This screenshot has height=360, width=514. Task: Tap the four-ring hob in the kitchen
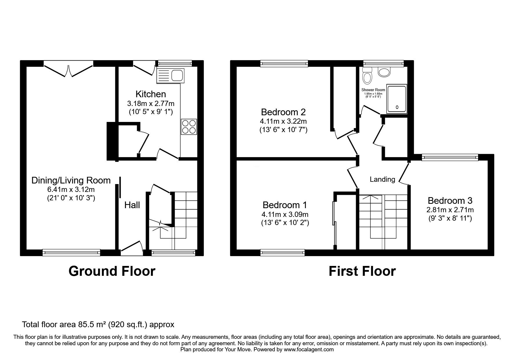(x=189, y=127)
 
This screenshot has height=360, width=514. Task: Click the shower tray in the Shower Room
(x=397, y=99)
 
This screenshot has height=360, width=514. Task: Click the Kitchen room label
(x=151, y=94)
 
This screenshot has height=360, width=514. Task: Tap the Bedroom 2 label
(x=283, y=112)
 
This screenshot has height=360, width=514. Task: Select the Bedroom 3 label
(x=450, y=201)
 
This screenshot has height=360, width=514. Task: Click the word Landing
(x=382, y=179)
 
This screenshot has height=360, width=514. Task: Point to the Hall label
(x=132, y=205)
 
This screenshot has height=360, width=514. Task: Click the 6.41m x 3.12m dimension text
(x=71, y=190)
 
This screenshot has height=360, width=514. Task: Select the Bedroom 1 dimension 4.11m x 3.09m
(x=285, y=215)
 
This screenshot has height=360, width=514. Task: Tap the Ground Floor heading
(x=112, y=271)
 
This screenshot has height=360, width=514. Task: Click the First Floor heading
(x=362, y=271)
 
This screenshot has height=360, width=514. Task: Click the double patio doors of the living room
(x=68, y=69)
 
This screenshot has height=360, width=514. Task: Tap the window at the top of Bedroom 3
(x=450, y=157)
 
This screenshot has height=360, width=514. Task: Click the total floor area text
(x=98, y=324)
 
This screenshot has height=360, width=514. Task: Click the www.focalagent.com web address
(x=309, y=350)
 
